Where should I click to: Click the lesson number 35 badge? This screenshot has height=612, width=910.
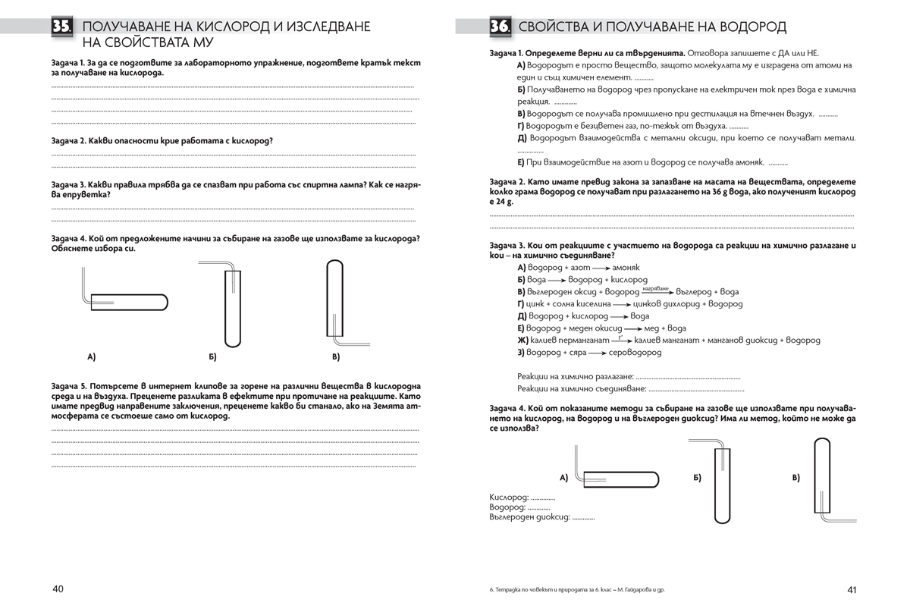(x=62, y=27)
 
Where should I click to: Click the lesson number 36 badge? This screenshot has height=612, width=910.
(x=499, y=27)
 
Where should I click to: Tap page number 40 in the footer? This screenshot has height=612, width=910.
(x=58, y=589)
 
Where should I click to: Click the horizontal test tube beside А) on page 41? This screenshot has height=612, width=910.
(x=618, y=478)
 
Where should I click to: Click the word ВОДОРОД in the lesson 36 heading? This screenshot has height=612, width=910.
(x=747, y=27)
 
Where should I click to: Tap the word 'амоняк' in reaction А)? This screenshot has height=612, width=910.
(x=626, y=268)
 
